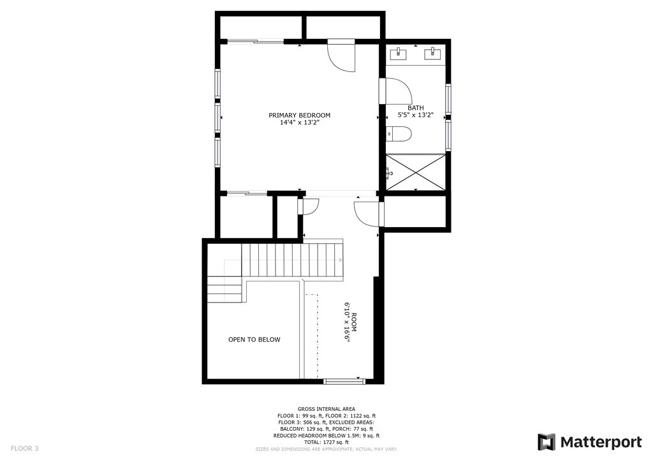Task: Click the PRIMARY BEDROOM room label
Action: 299,115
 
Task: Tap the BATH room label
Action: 416,108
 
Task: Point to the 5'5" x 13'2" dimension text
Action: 416,115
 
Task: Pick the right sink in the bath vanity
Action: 436,52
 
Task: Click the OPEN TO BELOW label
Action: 254,339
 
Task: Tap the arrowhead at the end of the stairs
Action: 341,260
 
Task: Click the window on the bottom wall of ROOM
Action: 344,382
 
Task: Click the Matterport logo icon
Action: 547,442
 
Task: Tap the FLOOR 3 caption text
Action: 25,448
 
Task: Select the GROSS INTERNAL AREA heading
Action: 326,409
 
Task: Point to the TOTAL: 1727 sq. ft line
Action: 326,442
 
